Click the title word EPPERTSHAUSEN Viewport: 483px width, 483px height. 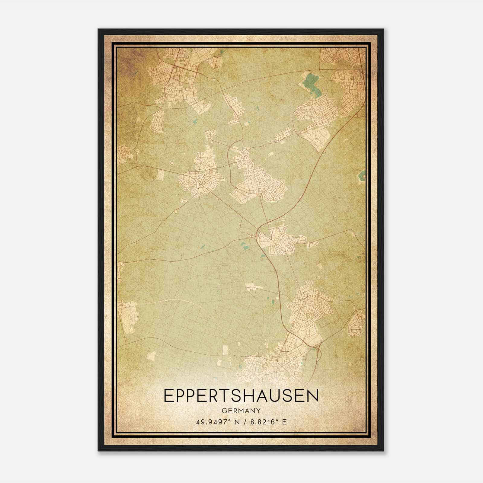(241, 396)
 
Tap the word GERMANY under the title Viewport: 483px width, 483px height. (241, 411)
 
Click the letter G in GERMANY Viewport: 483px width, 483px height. (224, 411)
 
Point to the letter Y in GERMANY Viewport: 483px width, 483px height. (258, 411)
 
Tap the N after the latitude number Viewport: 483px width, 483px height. (237, 422)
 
